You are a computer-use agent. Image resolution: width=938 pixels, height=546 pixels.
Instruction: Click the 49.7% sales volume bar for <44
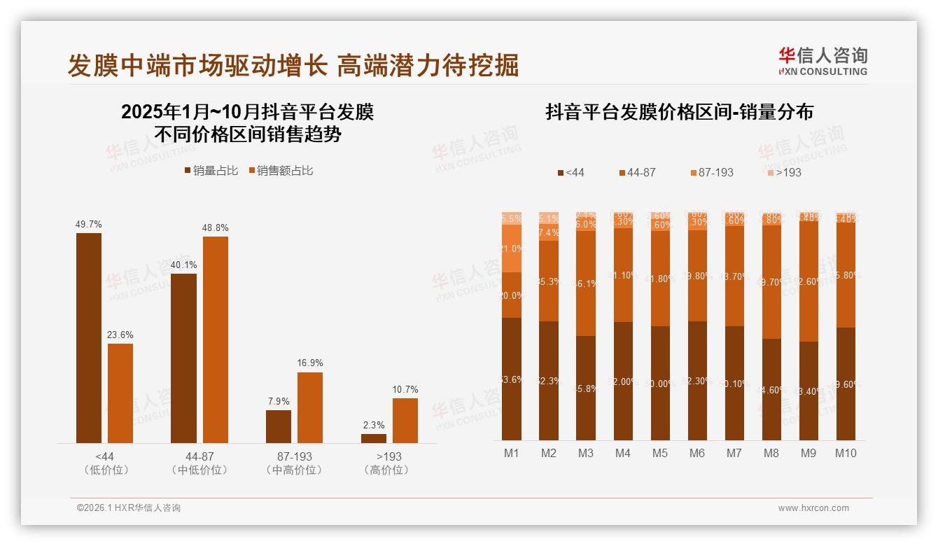pos(89,337)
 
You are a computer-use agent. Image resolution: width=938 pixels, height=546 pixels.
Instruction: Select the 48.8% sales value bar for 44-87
pos(216,339)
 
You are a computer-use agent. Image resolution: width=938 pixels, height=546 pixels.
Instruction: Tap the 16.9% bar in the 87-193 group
pos(310,407)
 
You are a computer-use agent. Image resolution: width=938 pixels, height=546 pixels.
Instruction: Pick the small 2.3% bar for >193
pos(373,438)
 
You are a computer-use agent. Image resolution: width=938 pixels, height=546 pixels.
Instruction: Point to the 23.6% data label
pos(120,335)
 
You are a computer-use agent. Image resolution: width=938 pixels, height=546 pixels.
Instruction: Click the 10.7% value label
pos(405,389)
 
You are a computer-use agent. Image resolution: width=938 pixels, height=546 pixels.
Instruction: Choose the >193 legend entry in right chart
pos(783,172)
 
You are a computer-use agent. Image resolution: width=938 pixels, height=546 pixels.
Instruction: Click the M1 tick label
pos(512,453)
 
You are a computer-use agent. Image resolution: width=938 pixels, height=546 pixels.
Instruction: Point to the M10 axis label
pos(845,453)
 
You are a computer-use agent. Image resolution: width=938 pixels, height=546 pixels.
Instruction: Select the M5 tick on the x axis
pos(660,453)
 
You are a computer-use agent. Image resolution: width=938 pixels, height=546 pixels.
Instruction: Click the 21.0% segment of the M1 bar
pos(512,248)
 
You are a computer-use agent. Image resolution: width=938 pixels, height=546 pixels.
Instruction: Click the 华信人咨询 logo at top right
pos(822,61)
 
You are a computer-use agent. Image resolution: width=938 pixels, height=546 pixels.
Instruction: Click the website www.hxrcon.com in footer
pos(813,508)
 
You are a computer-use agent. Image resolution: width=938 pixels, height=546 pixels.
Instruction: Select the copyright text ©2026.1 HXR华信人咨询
pos(128,508)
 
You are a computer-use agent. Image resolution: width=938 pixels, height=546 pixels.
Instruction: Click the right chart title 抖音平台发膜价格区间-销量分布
pos(679,112)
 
